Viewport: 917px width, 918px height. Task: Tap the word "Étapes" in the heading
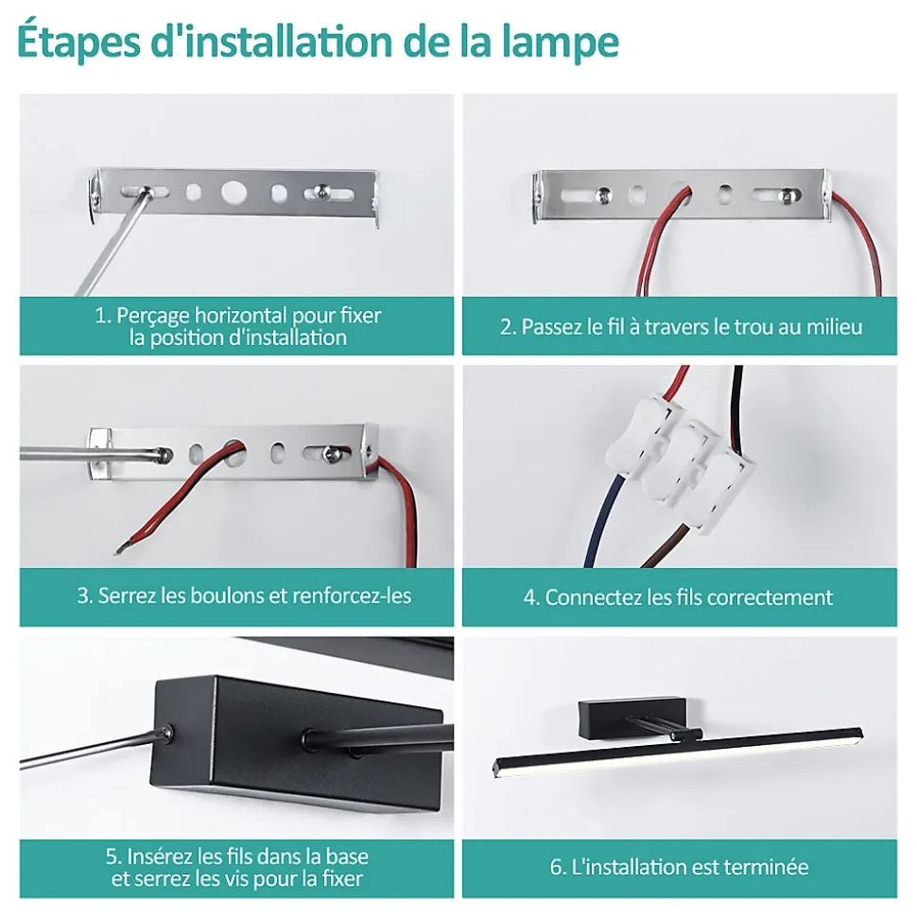click(x=79, y=41)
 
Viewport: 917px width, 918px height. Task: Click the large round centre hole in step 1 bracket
click(x=234, y=192)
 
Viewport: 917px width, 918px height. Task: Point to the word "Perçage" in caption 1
click(x=153, y=316)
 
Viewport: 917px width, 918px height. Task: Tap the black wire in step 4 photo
click(x=738, y=409)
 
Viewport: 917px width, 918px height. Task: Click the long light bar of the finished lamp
click(x=678, y=753)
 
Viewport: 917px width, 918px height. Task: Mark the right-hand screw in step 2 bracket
click(x=788, y=195)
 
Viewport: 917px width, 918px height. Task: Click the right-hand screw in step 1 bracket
click(x=320, y=190)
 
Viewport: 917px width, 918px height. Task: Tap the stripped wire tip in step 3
click(x=119, y=549)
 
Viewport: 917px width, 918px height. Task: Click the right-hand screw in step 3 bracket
click(x=333, y=451)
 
